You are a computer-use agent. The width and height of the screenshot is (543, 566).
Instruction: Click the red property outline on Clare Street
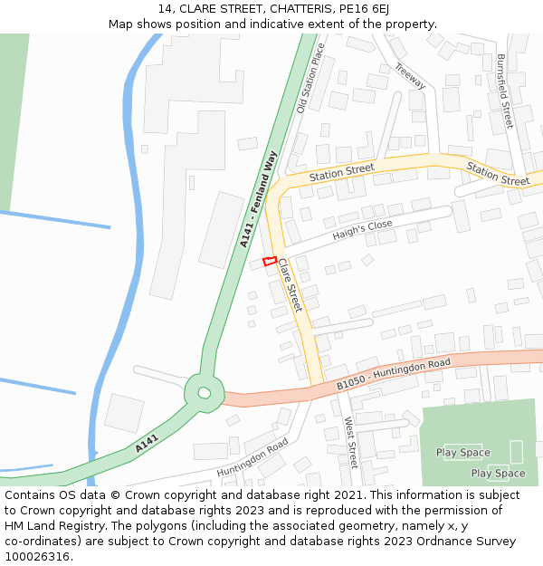(269, 262)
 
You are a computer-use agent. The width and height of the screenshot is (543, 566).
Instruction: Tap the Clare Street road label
(289, 285)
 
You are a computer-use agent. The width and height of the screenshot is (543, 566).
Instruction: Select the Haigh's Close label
(362, 230)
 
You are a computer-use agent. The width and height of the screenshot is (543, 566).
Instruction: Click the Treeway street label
(411, 76)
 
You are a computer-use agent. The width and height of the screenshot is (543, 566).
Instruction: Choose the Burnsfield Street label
(504, 91)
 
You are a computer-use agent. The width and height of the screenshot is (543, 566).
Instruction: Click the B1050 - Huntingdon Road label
(394, 375)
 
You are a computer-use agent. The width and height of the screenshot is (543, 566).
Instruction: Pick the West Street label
(351, 443)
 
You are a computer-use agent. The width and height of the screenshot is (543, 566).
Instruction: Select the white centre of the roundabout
(205, 393)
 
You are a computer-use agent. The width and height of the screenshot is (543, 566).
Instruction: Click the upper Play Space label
(462, 453)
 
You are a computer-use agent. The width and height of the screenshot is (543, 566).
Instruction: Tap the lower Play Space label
(498, 473)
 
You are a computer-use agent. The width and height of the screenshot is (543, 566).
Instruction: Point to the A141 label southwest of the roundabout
(147, 444)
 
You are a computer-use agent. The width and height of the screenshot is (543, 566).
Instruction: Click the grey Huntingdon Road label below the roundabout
(252, 458)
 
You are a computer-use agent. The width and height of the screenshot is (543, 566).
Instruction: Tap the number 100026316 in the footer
(36, 556)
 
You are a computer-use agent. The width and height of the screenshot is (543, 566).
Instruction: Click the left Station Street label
(341, 170)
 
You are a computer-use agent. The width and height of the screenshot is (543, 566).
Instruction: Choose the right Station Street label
(498, 174)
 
